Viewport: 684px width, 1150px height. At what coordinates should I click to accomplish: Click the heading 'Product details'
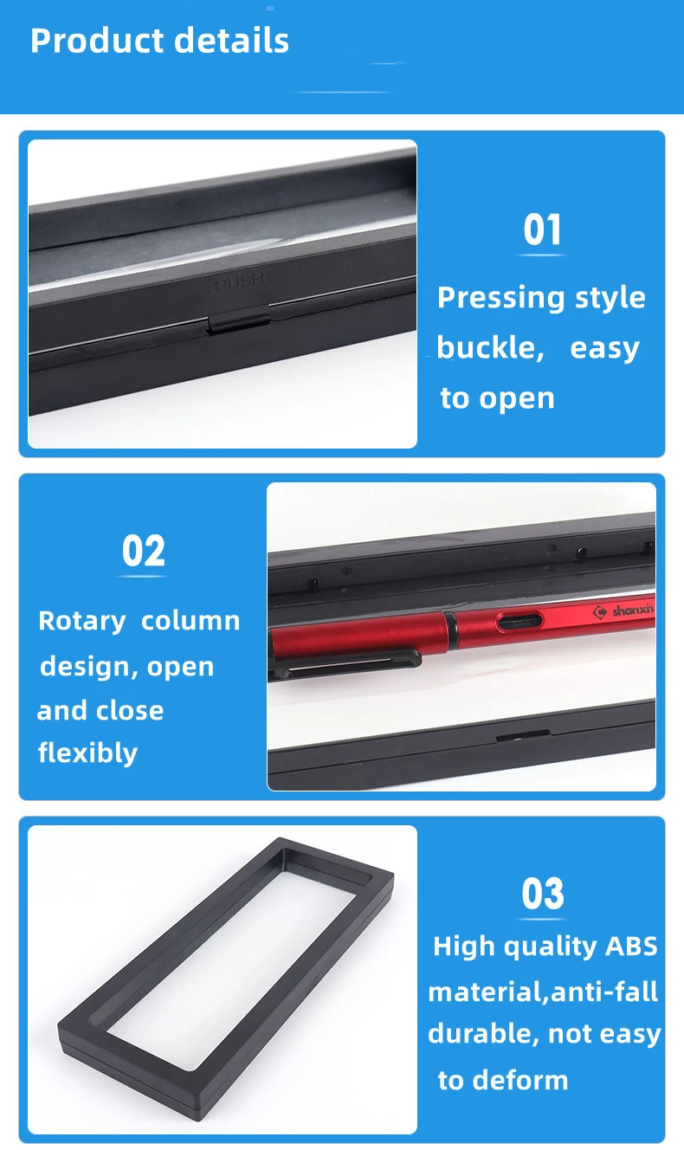click(x=159, y=41)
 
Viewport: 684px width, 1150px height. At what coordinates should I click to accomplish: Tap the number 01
click(x=542, y=230)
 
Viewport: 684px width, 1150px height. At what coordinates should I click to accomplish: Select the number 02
click(x=144, y=551)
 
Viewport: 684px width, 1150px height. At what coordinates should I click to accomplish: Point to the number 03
click(x=543, y=894)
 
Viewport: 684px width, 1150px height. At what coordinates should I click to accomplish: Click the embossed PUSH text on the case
click(x=237, y=281)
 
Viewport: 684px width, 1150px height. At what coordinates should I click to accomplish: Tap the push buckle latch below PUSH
click(x=239, y=322)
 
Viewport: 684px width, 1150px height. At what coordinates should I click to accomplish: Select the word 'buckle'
click(x=490, y=347)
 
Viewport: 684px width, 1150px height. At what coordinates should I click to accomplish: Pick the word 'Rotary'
click(x=82, y=622)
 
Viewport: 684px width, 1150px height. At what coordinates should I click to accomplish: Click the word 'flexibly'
click(x=87, y=753)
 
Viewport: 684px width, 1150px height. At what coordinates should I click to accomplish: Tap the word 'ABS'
click(x=631, y=946)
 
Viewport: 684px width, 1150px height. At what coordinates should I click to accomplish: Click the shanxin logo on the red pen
click(x=623, y=611)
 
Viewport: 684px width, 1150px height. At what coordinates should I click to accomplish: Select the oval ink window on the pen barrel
click(x=519, y=622)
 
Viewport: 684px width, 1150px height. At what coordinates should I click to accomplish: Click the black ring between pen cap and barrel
click(x=451, y=629)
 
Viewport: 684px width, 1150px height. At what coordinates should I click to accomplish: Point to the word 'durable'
click(x=483, y=1035)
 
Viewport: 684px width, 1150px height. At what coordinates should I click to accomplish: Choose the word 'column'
click(x=190, y=621)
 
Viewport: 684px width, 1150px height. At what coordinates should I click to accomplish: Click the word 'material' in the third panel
click(x=486, y=992)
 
